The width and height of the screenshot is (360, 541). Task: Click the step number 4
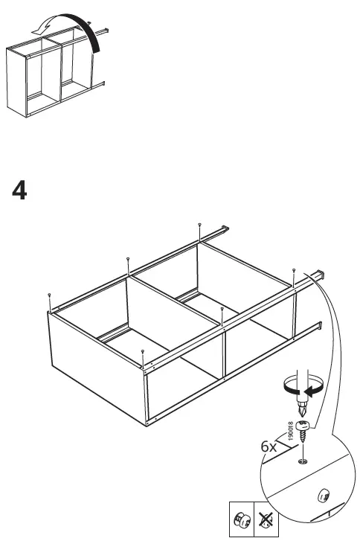tap(20, 191)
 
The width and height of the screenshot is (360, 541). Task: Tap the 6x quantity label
tap(269, 447)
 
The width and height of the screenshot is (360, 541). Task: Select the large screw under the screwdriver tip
tap(305, 431)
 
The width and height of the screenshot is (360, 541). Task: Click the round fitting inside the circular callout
tap(322, 494)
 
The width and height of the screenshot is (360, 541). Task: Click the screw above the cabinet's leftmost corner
tap(48, 295)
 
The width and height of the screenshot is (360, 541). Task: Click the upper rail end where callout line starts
tap(321, 275)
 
